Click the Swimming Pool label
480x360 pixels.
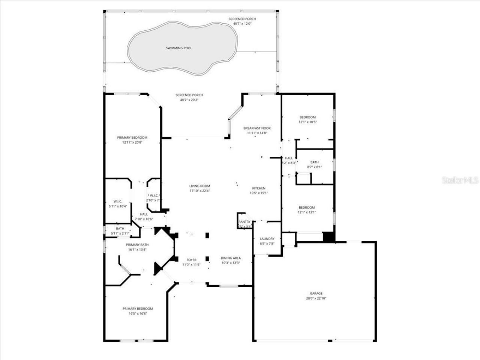click(179, 48)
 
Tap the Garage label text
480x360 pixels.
click(316, 293)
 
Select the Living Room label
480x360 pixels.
click(199, 186)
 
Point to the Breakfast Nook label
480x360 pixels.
click(256, 128)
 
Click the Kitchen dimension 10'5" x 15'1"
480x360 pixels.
click(259, 193)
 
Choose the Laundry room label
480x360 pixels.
click(267, 238)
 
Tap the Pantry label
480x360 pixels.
click(244, 222)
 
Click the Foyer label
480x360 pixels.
click(191, 259)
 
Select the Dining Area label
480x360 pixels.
click(231, 258)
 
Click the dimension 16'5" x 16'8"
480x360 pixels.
click(137, 313)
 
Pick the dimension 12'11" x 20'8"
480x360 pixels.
click(132, 142)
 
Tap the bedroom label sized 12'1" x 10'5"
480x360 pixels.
click(307, 117)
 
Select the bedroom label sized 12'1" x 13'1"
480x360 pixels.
click(306, 207)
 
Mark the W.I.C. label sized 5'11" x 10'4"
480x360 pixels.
click(118, 201)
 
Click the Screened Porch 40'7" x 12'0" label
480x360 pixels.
click(242, 19)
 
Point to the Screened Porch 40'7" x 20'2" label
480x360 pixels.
click(189, 95)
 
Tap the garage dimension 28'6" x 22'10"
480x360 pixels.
click(316, 298)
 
